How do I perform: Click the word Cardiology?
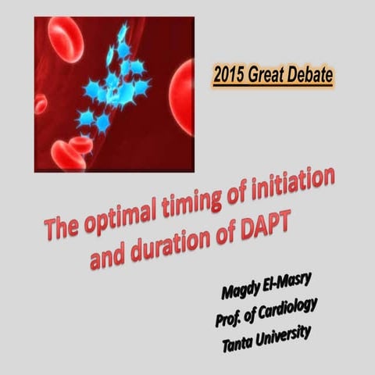click(x=287, y=311)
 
